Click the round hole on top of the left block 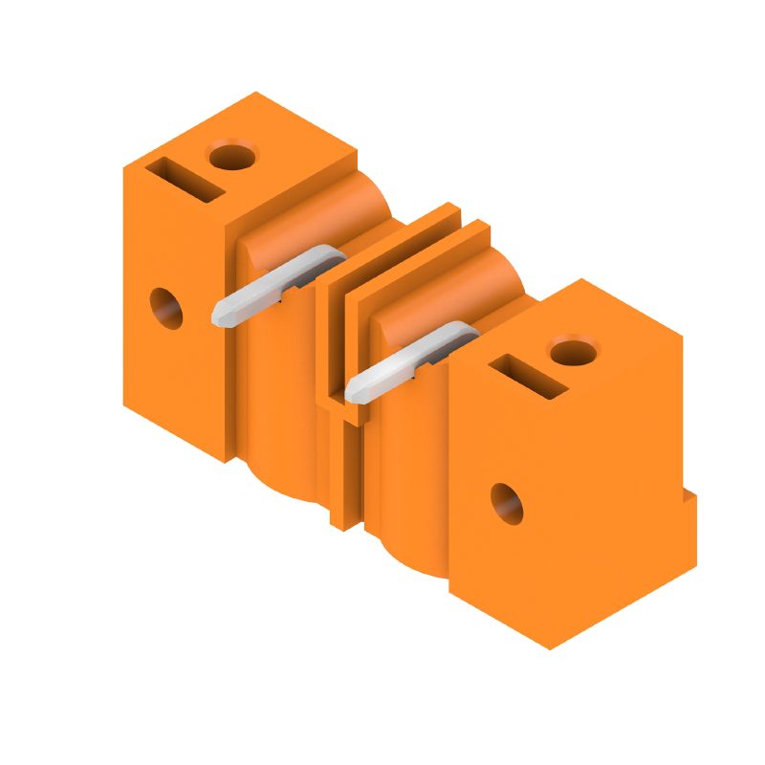tap(233, 154)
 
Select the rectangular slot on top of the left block tap(186, 180)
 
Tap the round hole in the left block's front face tap(166, 307)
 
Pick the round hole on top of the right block tap(574, 351)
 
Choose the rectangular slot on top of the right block tap(530, 376)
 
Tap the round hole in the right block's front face tap(507, 504)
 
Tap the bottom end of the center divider tap(339, 521)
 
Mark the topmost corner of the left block tap(256, 93)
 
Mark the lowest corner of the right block tap(551, 649)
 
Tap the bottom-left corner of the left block tap(124, 402)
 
